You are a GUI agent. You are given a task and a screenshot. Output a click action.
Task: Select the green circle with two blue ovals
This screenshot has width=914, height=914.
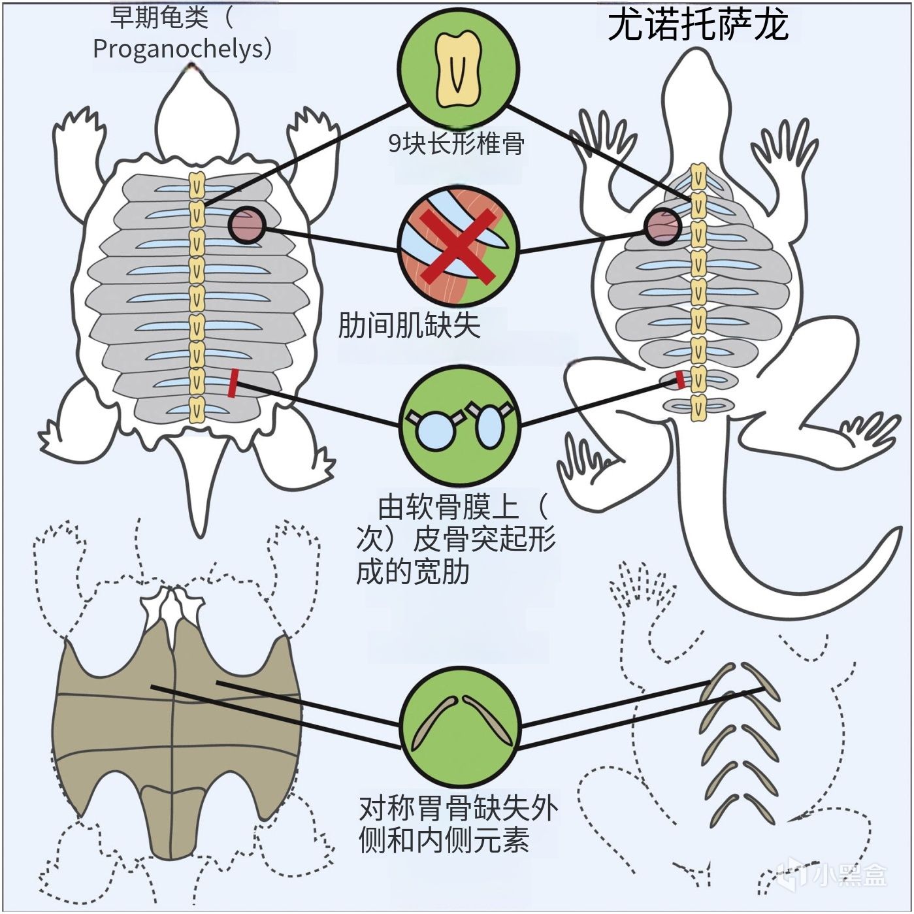click(459, 425)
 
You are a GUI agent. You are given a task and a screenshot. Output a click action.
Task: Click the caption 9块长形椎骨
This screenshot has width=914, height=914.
click(456, 143)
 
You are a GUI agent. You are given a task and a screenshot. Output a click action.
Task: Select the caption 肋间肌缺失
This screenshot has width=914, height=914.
click(409, 325)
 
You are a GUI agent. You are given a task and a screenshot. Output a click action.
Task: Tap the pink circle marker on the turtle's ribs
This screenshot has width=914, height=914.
click(246, 225)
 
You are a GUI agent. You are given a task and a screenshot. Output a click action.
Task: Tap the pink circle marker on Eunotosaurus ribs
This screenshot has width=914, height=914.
click(662, 226)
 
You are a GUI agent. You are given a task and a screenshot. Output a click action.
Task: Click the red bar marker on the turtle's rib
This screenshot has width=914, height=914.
click(233, 384)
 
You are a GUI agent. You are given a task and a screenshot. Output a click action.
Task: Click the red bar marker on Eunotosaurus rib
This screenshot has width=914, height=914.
click(680, 380)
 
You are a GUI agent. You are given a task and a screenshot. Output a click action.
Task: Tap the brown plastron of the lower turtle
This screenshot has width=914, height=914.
click(176, 732)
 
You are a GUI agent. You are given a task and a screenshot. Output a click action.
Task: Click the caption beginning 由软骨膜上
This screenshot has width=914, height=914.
click(456, 540)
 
